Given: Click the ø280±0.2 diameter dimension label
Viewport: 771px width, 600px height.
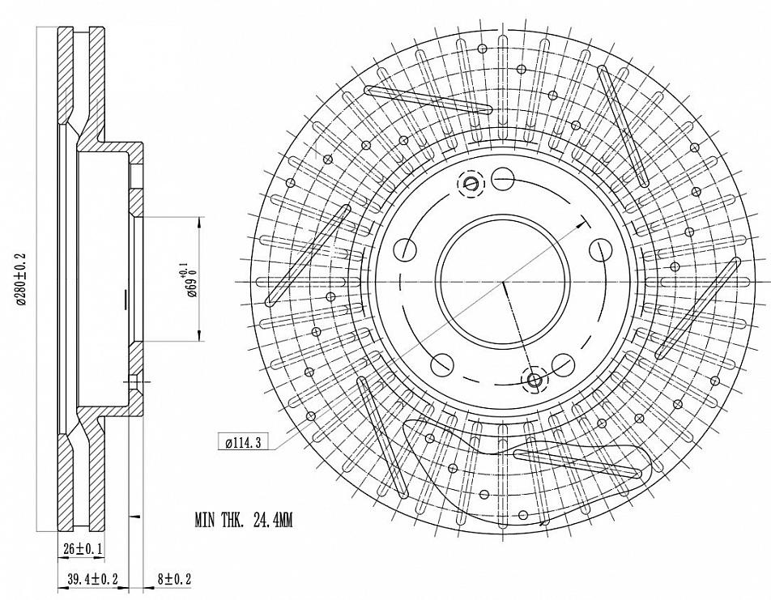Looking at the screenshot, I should point(21,280).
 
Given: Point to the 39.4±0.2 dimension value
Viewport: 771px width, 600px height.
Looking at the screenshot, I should point(93,579).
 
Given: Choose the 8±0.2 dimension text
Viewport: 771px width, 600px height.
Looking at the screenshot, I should point(174,579).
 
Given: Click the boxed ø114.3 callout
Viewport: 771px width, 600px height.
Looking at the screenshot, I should point(242,443).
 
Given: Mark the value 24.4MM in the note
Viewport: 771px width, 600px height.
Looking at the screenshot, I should point(268,521).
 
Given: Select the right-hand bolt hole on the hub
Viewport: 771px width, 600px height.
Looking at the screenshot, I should point(600,249).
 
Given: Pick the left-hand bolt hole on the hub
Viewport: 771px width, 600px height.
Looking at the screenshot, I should point(403,249).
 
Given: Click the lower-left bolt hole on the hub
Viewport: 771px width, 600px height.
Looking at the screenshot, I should point(442,365).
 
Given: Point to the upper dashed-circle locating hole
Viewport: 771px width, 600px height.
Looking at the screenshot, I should point(471,184).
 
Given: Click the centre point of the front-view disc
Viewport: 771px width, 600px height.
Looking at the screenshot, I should point(502,281).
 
